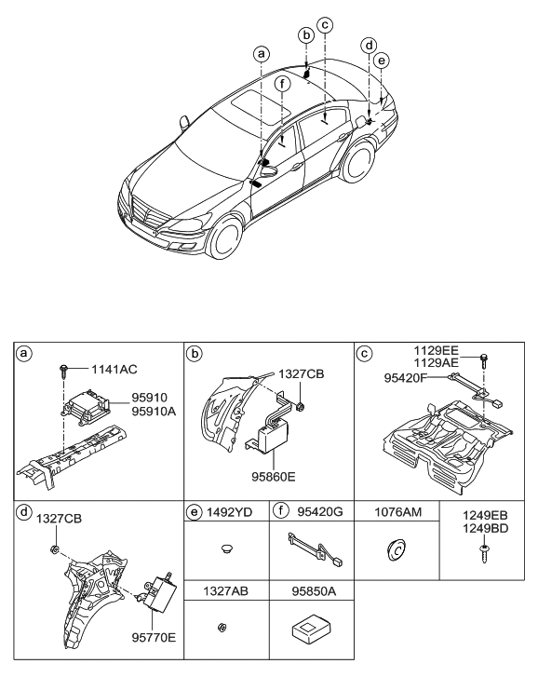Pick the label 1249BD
pyautogui.click(x=485, y=528)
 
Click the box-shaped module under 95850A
pyautogui.click(x=308, y=630)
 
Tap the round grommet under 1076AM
pyautogui.click(x=395, y=552)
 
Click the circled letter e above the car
pyautogui.click(x=380, y=60)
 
